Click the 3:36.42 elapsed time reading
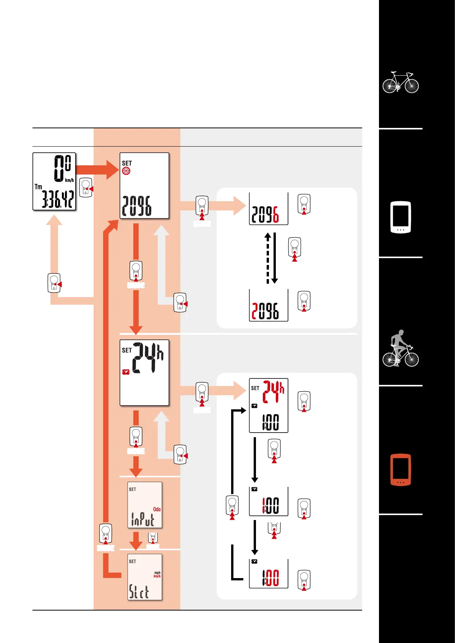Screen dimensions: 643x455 pyautogui.click(x=58, y=199)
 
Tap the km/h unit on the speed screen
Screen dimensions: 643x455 pyautogui.click(x=69, y=180)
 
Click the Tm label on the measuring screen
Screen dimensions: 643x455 pyautogui.click(x=38, y=187)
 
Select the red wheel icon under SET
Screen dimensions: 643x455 pyautogui.click(x=126, y=171)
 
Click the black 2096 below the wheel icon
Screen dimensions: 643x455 pyautogui.click(x=136, y=206)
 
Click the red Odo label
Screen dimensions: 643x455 pyautogui.click(x=157, y=509)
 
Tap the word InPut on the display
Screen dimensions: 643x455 pyautogui.click(x=142, y=519)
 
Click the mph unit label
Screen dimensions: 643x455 pyautogui.click(x=157, y=573)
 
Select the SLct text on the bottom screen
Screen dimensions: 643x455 pyautogui.click(x=139, y=592)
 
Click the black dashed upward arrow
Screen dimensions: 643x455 pyautogui.click(x=268, y=258)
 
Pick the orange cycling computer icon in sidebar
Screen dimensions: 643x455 pyautogui.click(x=400, y=470)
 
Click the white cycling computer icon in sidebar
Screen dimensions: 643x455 pyautogui.click(x=400, y=217)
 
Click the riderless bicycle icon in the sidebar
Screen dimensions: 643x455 pyautogui.click(x=400, y=82)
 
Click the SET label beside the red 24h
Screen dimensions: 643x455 pyautogui.click(x=255, y=388)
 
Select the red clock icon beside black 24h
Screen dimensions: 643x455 pyautogui.click(x=126, y=372)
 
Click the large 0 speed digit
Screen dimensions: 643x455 pyautogui.click(x=59, y=168)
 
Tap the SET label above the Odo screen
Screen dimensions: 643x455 pyautogui.click(x=132, y=489)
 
